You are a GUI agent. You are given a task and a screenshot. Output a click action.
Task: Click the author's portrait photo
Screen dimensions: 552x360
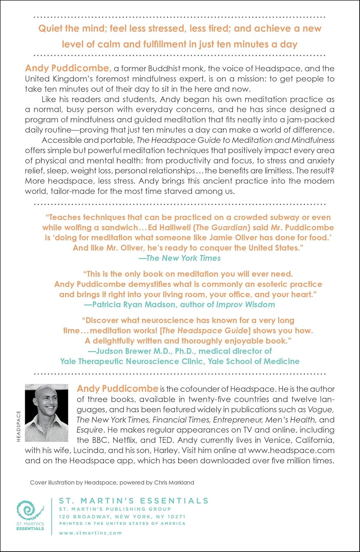[46, 413]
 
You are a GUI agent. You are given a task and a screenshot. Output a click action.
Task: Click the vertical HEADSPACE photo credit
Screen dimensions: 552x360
[19, 426]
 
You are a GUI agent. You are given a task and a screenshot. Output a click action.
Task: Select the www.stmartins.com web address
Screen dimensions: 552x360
[90, 533]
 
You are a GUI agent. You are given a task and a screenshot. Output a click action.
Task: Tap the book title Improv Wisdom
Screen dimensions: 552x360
[246, 305]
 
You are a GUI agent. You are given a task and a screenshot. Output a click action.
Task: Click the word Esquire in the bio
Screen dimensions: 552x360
[89, 430]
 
